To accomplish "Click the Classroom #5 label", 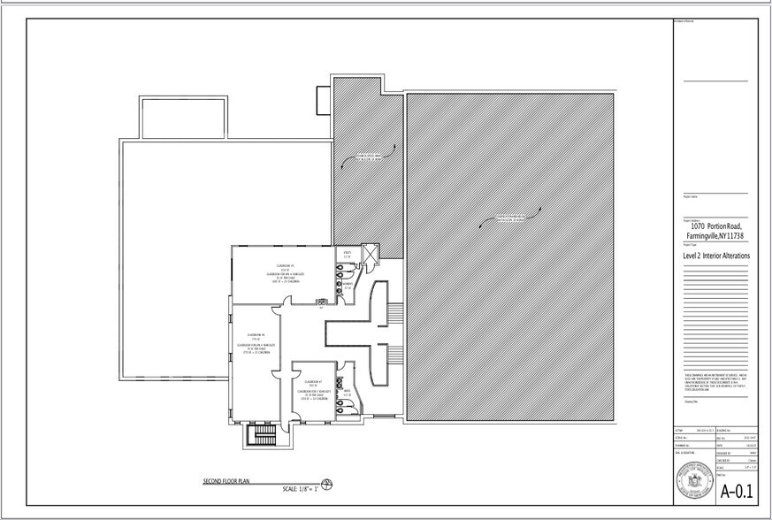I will pyautogui.click(x=285, y=265).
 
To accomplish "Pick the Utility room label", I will pyautogui.click(x=348, y=254).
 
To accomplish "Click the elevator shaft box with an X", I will pyautogui.click(x=371, y=255).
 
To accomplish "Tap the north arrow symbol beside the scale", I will pyautogui.click(x=327, y=483).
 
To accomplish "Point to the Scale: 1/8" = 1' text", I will pyautogui.click(x=300, y=489).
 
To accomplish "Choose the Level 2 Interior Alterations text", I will pyautogui.click(x=716, y=256).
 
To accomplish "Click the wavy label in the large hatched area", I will pyautogui.click(x=511, y=216).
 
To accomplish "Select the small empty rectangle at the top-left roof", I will pyautogui.click(x=170, y=116).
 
